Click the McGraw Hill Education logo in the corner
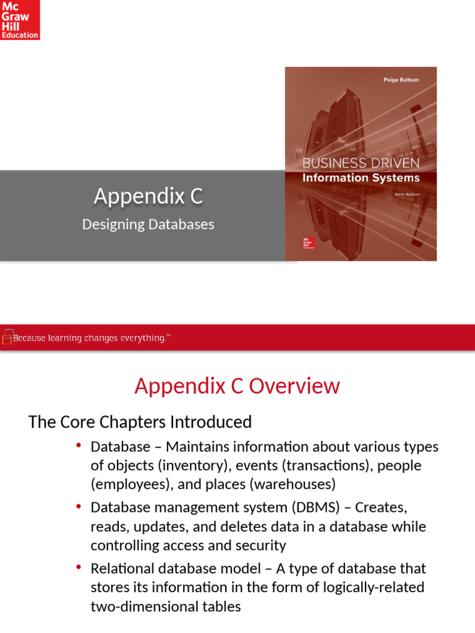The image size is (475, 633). pyautogui.click(x=20, y=20)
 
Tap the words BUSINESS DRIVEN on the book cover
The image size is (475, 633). pyautogui.click(x=361, y=163)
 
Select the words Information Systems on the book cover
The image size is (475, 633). pyautogui.click(x=361, y=178)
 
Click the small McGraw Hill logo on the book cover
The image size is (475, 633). pyautogui.click(x=308, y=242)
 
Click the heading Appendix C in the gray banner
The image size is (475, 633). pyautogui.click(x=148, y=197)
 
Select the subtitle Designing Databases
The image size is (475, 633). pyautogui.click(x=148, y=224)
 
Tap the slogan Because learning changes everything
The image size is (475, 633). pyautogui.click(x=90, y=338)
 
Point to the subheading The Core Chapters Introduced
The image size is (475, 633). pyautogui.click(x=140, y=422)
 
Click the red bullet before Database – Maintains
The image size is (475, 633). pyautogui.click(x=79, y=446)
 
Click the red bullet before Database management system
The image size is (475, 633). pyautogui.click(x=79, y=506)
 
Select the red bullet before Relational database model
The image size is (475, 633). pyautogui.click(x=79, y=567)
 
